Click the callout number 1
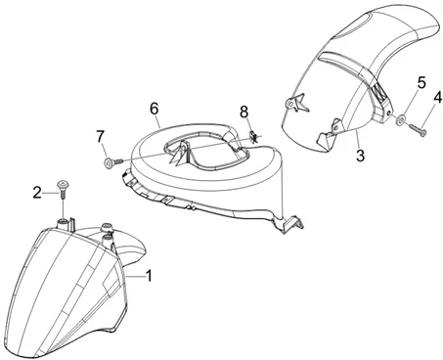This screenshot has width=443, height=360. click(x=149, y=276)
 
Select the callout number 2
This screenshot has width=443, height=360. click(x=37, y=193)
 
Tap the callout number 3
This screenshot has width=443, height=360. click(x=360, y=156)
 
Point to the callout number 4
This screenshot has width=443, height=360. click(x=438, y=97)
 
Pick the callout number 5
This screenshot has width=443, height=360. click(x=421, y=82)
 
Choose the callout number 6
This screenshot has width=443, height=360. click(x=155, y=109)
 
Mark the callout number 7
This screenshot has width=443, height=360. click(x=101, y=136)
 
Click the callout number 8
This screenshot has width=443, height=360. click(x=244, y=112)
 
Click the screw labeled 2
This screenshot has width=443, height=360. click(x=62, y=190)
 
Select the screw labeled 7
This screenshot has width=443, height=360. click(x=113, y=161)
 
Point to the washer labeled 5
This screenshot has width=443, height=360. click(x=399, y=120)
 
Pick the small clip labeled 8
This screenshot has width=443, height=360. click(x=253, y=136)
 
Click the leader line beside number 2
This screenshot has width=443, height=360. click(x=49, y=194)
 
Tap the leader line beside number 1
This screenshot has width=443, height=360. click(x=135, y=277)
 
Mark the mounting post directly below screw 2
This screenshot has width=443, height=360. click(x=62, y=225)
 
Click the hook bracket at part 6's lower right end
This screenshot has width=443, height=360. click(x=293, y=224)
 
